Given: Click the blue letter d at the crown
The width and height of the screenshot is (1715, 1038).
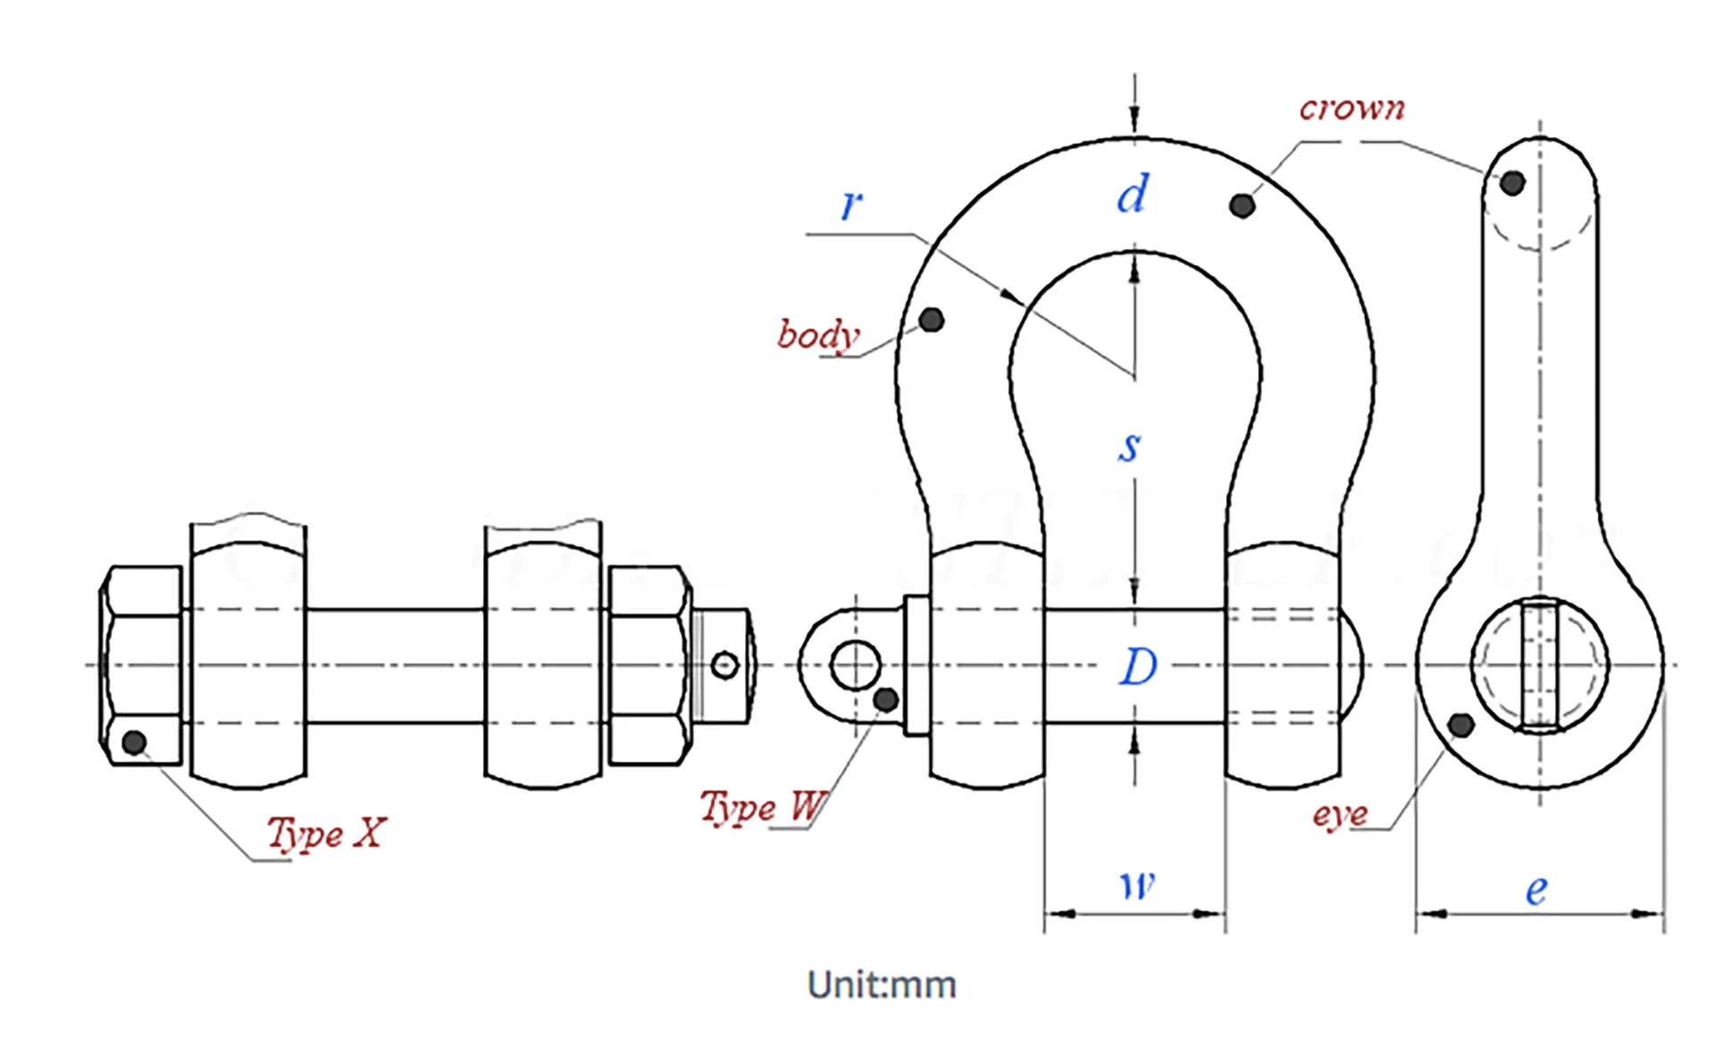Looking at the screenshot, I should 1133,194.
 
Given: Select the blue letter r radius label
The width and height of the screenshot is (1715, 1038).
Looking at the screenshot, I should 851,205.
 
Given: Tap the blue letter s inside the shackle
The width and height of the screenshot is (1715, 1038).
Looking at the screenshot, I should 1130,446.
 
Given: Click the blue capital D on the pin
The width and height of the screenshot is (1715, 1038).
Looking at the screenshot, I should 1138,666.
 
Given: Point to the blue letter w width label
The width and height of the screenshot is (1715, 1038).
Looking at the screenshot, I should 1137,884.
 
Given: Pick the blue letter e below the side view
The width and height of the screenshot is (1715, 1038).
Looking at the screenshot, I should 1535,890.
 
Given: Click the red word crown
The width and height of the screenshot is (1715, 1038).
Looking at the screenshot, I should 1351,108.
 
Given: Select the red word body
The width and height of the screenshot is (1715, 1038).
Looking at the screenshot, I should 818,335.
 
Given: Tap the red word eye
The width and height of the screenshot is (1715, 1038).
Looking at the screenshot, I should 1340,814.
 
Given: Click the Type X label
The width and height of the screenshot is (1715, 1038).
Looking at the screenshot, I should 327,833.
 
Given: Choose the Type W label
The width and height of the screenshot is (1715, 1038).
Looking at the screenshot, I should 762,807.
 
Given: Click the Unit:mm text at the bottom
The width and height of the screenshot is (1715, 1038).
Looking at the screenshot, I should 882,984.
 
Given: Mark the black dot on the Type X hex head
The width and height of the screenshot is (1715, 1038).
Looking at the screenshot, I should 134,741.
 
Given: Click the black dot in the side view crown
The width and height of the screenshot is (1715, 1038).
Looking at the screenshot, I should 1512,183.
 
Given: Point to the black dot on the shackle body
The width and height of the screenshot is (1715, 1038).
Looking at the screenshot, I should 931,320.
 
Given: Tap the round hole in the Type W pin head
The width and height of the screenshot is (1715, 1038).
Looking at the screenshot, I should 855,665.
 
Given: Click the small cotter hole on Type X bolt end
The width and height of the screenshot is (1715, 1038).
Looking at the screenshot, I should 724,665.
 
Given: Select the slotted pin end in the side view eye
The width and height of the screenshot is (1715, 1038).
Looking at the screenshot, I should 1540,665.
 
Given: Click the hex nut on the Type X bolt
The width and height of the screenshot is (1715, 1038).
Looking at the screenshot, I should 649,665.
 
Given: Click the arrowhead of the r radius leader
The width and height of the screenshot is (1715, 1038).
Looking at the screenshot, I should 1012,297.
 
